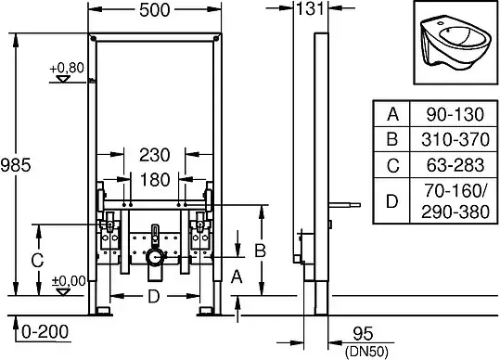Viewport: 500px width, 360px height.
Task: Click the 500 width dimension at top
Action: point(155,10)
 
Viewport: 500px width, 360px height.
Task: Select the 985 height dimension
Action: point(16,165)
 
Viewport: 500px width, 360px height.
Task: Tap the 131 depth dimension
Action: point(310,8)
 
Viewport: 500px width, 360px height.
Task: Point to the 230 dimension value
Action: point(155,155)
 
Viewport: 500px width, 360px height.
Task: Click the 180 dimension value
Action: point(155,180)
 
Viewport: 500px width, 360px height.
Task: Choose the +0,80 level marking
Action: point(67,68)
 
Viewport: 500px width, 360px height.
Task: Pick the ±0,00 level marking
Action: point(69,281)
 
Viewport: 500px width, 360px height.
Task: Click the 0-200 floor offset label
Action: point(45,331)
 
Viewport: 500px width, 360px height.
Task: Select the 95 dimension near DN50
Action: point(363,334)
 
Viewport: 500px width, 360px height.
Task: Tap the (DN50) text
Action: point(366,351)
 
